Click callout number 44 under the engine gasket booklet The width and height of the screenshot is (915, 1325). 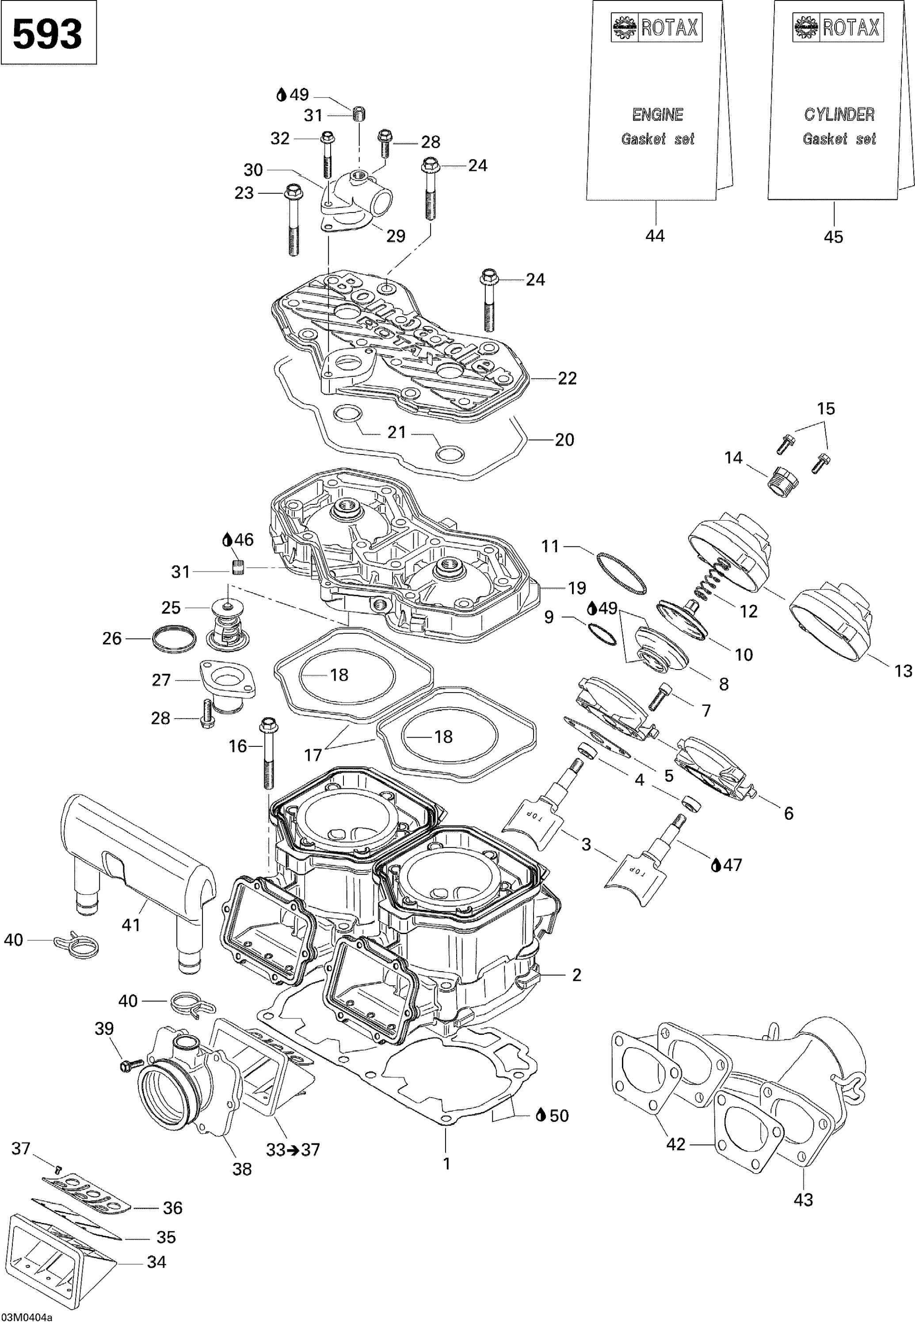pos(655,236)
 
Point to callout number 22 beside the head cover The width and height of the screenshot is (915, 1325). pos(567,379)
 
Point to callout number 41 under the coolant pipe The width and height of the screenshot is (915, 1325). pos(131,924)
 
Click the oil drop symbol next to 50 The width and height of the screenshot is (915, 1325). pos(540,1115)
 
